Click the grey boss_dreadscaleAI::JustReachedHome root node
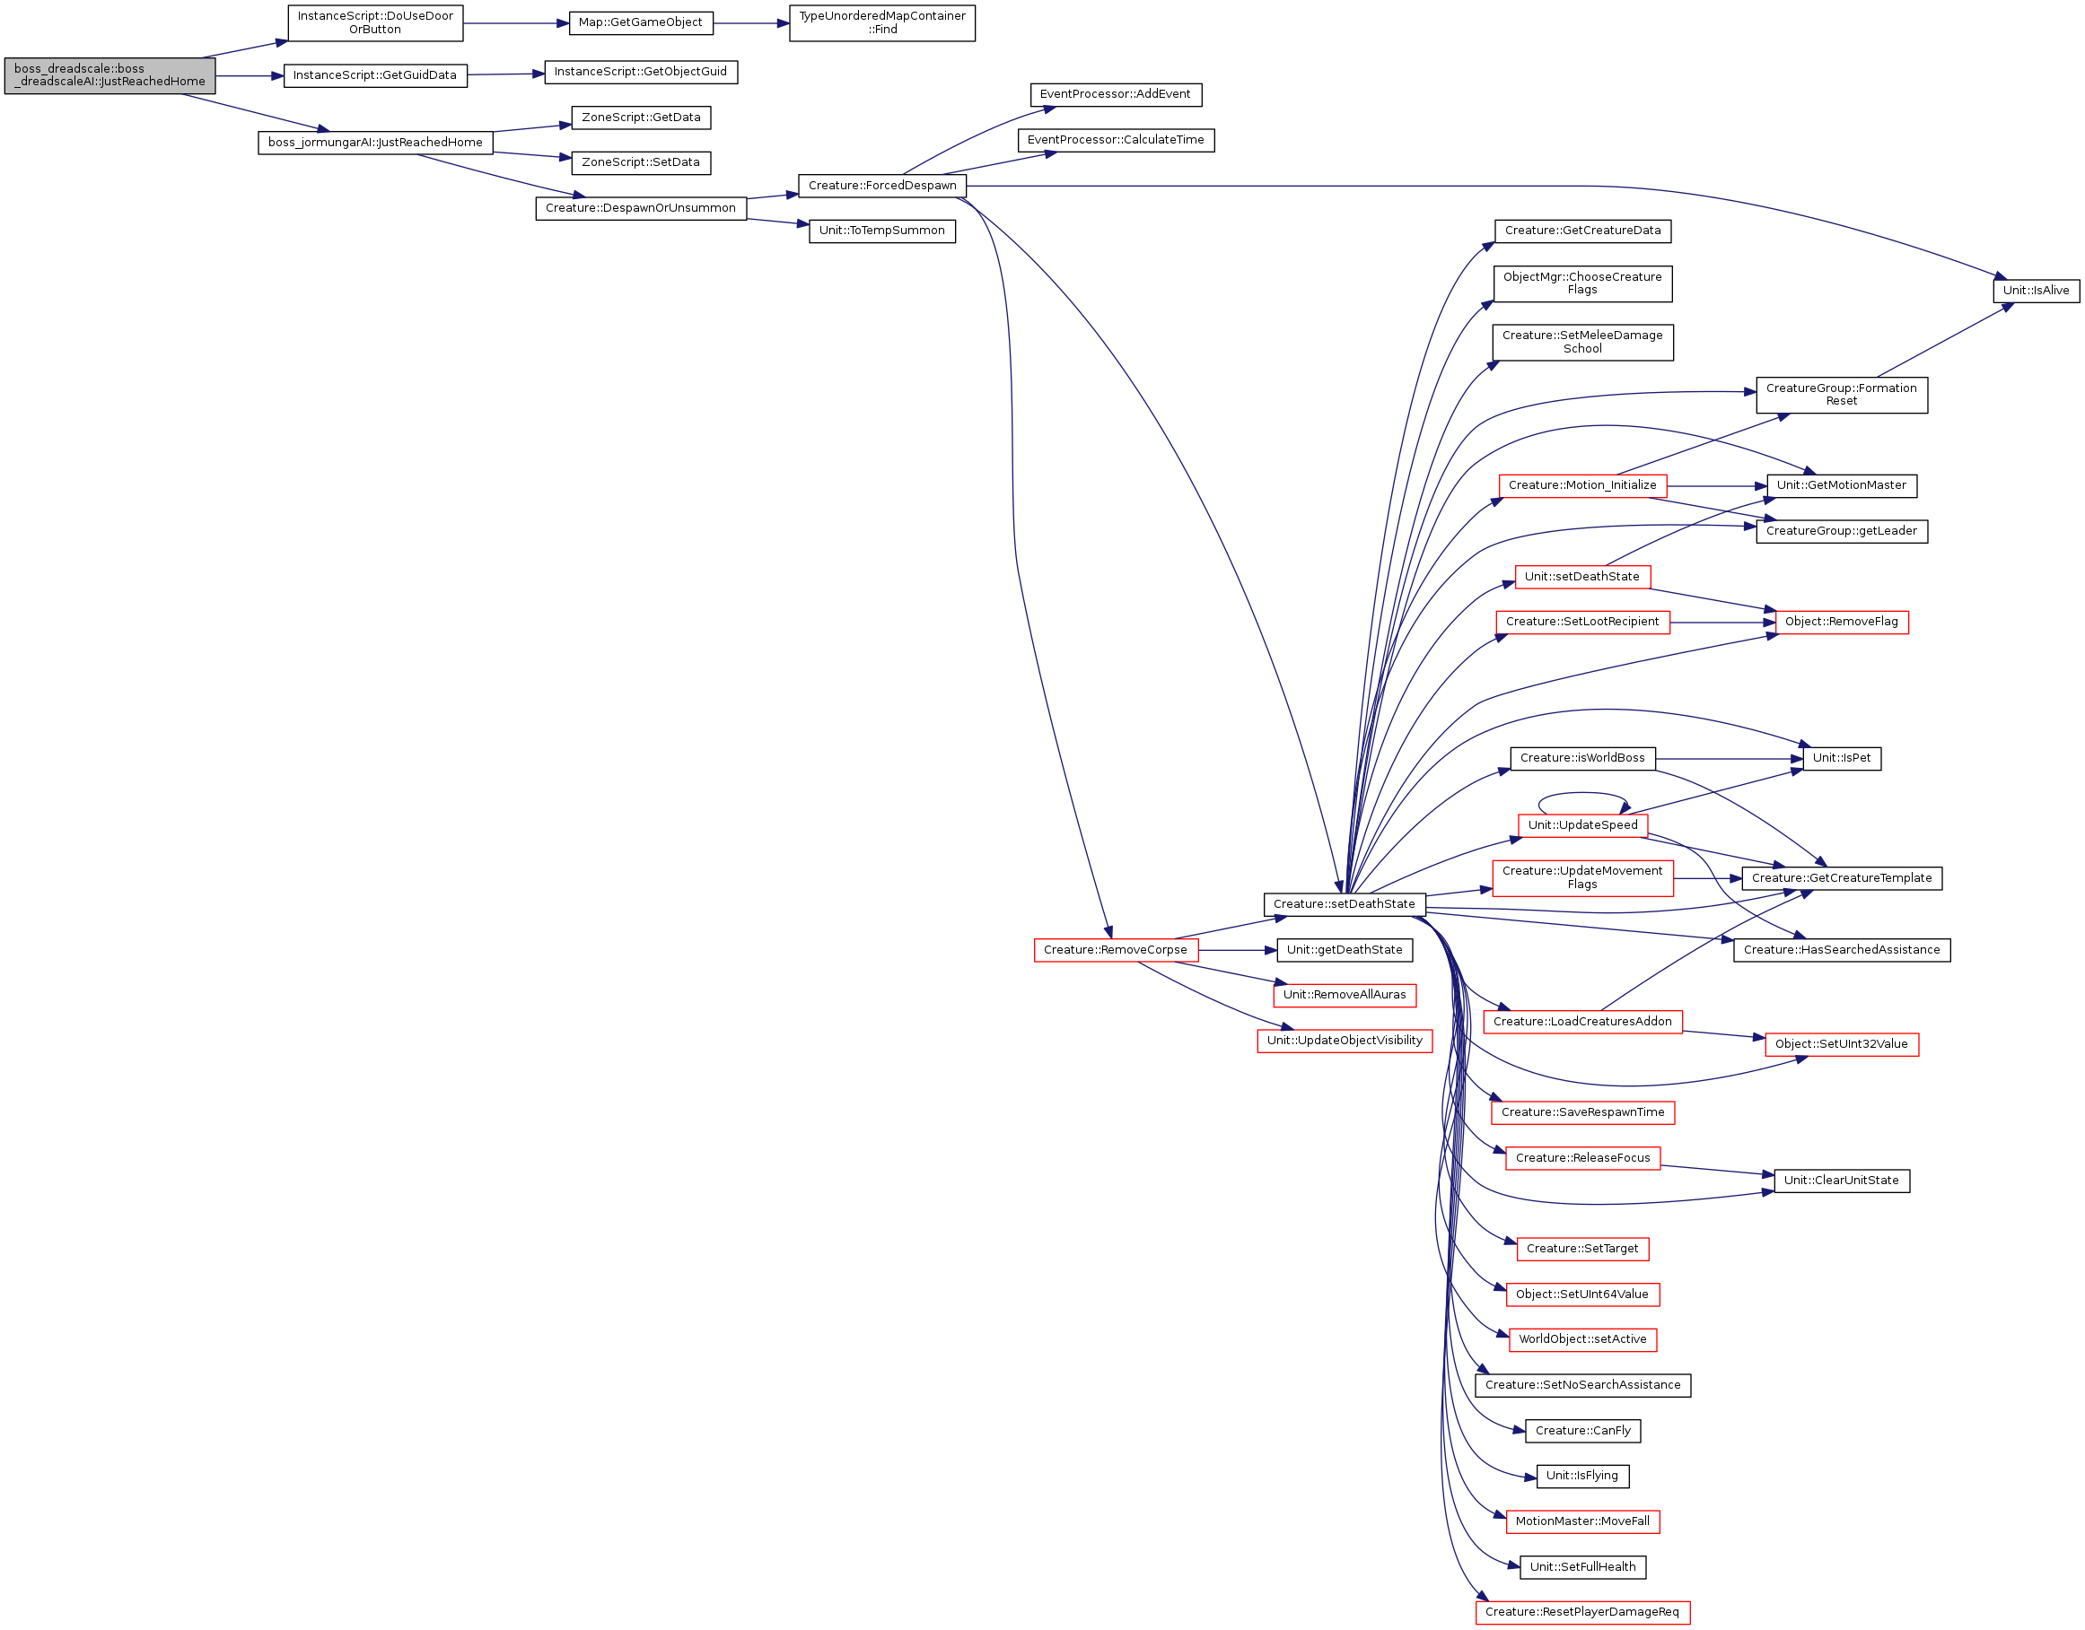[x=110, y=75]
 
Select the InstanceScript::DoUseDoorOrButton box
[x=375, y=23]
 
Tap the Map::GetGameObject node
[x=641, y=23]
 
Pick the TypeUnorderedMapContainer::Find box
[x=882, y=23]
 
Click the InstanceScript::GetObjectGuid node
[x=641, y=73]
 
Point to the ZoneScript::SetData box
[x=641, y=163]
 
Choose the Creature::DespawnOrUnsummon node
[x=641, y=208]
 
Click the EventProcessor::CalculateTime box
[x=1116, y=140]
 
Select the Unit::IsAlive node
[x=2037, y=291]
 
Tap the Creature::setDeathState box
[x=1345, y=904]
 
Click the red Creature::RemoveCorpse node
[x=1115, y=951]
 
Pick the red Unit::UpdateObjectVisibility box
[x=1345, y=1042]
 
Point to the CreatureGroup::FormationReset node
[x=1842, y=395]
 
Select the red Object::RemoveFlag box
[x=1842, y=623]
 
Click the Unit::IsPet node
[x=1842, y=759]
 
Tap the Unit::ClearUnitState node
[x=1842, y=1181]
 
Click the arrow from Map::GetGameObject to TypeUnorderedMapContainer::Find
[x=750, y=23]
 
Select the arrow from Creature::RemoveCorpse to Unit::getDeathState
[x=1237, y=951]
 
